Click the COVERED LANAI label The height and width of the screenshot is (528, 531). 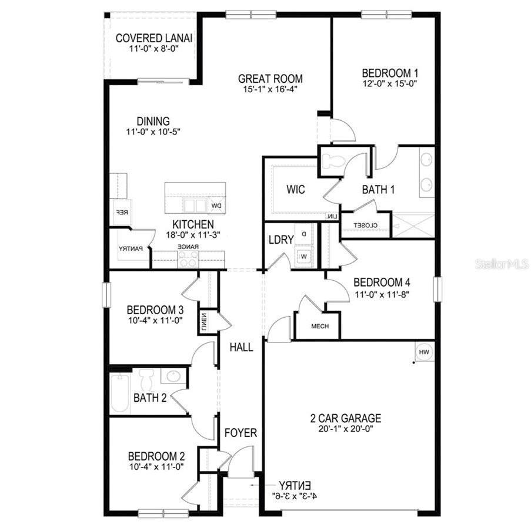click(x=154, y=38)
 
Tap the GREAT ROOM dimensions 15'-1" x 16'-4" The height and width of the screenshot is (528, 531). click(x=270, y=90)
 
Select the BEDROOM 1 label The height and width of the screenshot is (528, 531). click(x=389, y=73)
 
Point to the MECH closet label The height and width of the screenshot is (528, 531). click(x=319, y=327)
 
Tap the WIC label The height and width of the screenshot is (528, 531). click(x=295, y=190)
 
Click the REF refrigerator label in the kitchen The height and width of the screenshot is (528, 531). click(x=118, y=213)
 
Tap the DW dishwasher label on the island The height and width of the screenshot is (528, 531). click(x=216, y=206)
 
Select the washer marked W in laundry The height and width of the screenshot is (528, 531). click(x=304, y=257)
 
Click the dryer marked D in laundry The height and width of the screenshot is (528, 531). click(x=304, y=234)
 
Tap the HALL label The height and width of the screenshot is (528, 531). click(x=241, y=347)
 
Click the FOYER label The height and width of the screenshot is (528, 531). click(x=241, y=433)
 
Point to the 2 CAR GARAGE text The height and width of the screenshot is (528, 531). click(x=346, y=418)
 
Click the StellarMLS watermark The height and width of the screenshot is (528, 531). click(x=502, y=264)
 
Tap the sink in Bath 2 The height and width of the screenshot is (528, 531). click(x=173, y=376)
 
